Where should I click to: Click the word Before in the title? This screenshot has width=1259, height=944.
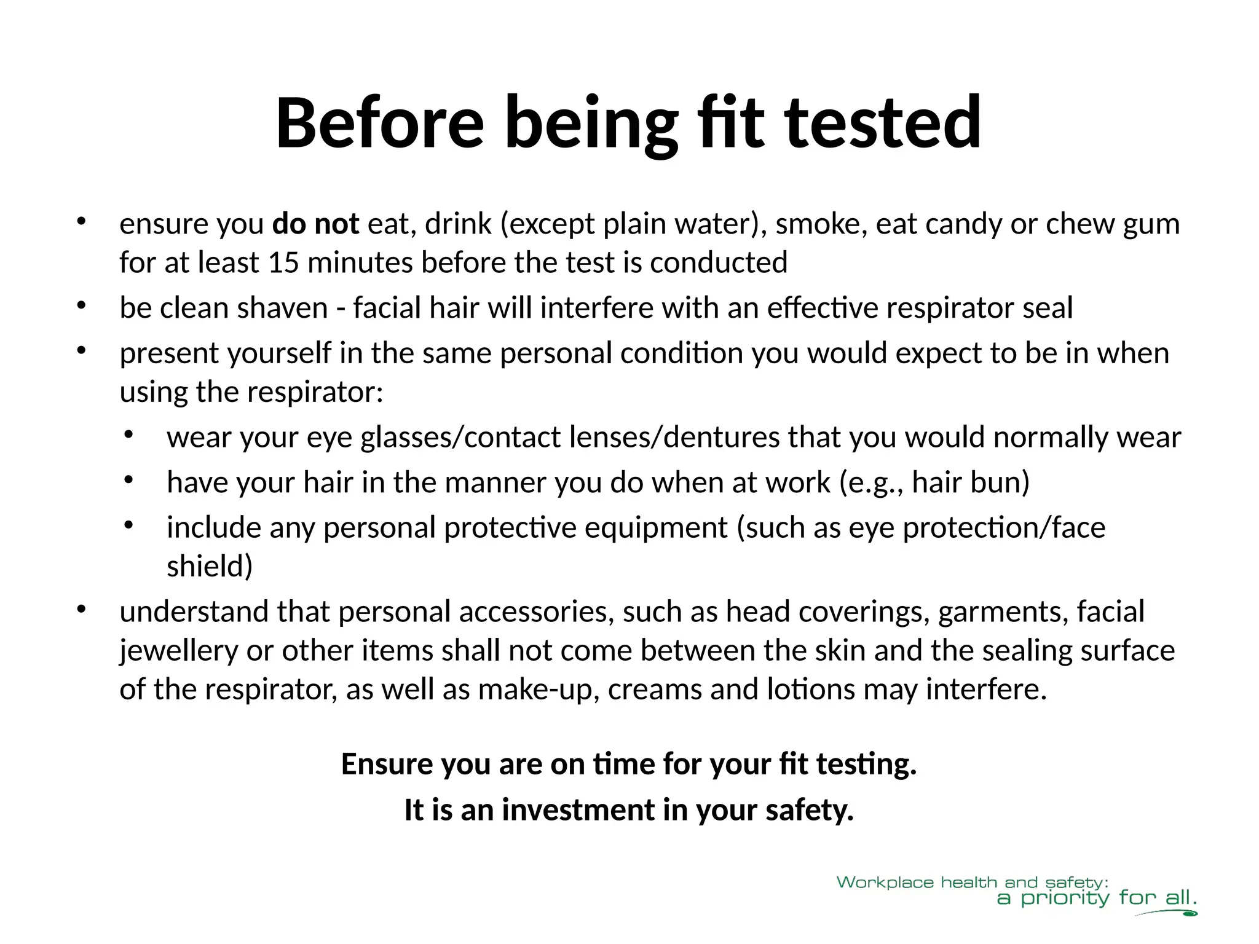[380, 123]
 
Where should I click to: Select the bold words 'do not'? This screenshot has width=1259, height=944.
[315, 224]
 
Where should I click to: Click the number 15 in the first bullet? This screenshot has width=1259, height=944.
[283, 262]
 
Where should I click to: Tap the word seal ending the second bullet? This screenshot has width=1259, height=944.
[1048, 307]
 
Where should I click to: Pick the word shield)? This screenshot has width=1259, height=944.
[210, 566]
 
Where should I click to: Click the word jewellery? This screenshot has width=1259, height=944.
[178, 650]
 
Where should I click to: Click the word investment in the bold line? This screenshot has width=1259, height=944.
[578, 810]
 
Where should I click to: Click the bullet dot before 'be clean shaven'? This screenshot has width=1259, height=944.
[81, 305]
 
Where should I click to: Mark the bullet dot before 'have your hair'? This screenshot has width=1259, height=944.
[128, 480]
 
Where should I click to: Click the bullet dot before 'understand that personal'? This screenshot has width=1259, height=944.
[81, 609]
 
